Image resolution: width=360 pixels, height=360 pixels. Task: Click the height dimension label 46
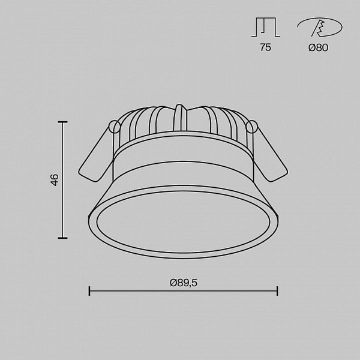(55, 180)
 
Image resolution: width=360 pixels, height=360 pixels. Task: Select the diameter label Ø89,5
(184, 283)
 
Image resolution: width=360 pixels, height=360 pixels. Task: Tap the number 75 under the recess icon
(265, 47)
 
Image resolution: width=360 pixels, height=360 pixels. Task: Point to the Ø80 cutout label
(318, 47)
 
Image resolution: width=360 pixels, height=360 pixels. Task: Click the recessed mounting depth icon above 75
(266, 27)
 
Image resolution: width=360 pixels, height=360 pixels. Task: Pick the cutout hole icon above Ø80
(320, 28)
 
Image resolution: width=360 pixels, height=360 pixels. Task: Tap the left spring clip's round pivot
(115, 127)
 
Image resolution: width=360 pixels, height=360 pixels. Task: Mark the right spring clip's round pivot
(252, 127)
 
